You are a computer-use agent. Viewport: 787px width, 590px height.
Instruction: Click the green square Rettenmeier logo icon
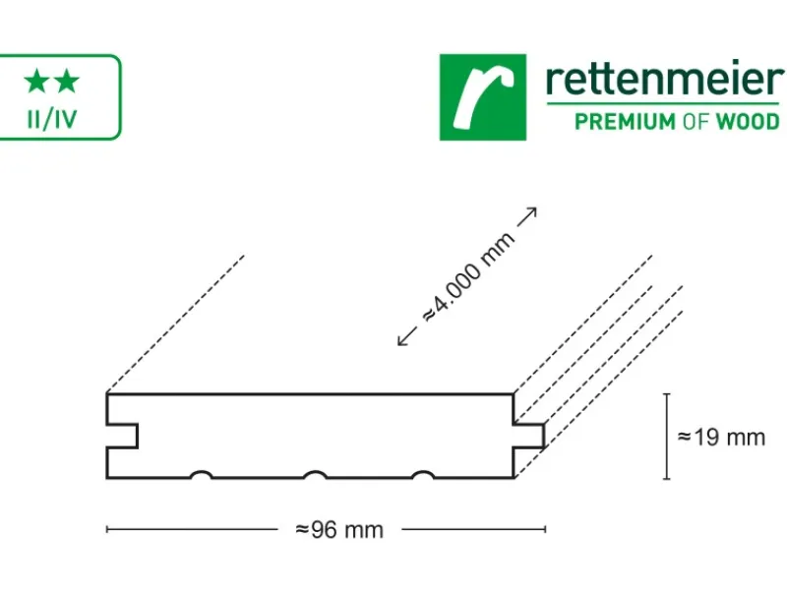pyautogui.click(x=483, y=97)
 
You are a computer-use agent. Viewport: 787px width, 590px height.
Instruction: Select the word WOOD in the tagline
pyautogui.click(x=748, y=122)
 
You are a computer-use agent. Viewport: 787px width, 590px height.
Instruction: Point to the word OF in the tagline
pyautogui.click(x=696, y=122)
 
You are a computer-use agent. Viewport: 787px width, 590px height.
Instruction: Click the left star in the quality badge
pyautogui.click(x=36, y=82)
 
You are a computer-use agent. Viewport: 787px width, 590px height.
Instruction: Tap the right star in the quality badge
pyautogui.click(x=67, y=82)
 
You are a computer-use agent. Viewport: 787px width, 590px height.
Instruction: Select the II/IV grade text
pyautogui.click(x=52, y=119)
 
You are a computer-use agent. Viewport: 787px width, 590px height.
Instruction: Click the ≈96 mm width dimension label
pyautogui.click(x=339, y=530)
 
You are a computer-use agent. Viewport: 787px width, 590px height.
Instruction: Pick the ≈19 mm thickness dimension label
pyautogui.click(x=721, y=438)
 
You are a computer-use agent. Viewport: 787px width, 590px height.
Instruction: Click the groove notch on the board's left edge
pyautogui.click(x=122, y=436)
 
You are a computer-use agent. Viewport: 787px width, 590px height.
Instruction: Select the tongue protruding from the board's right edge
pyautogui.click(x=529, y=436)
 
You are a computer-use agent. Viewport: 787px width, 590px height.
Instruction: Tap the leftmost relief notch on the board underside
pyautogui.click(x=202, y=475)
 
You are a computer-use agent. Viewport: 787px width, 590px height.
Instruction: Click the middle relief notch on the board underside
pyautogui.click(x=315, y=475)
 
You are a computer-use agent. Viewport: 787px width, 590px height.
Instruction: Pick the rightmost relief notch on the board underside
pyautogui.click(x=423, y=475)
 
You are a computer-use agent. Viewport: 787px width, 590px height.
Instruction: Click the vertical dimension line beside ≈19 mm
pyautogui.click(x=667, y=437)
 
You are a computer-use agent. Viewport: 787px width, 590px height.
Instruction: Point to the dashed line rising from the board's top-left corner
pyautogui.click(x=176, y=324)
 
